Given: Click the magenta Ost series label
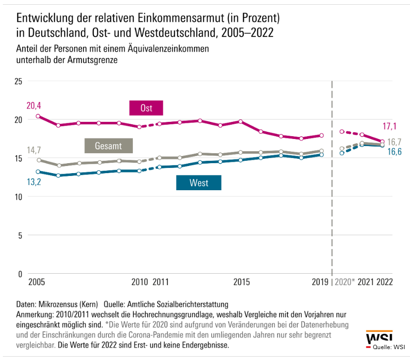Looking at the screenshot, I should coord(146,108).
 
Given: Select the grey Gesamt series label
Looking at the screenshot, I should coord(108,146).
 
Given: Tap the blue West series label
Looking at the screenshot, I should coord(198,183).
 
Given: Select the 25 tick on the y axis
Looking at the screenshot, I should coord(19,81).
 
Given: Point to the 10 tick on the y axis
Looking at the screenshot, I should coord(19,197).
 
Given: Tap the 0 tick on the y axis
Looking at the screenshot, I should coord(20,274).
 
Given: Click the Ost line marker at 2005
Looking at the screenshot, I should coord(38,116).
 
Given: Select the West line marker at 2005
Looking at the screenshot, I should coord(38,172).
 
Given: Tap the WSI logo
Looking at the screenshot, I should coord(379,337).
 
